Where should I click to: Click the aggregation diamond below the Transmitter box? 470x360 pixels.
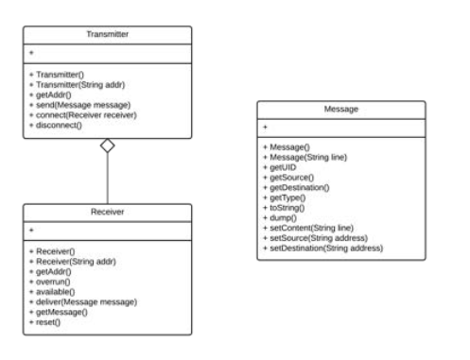point(107,146)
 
